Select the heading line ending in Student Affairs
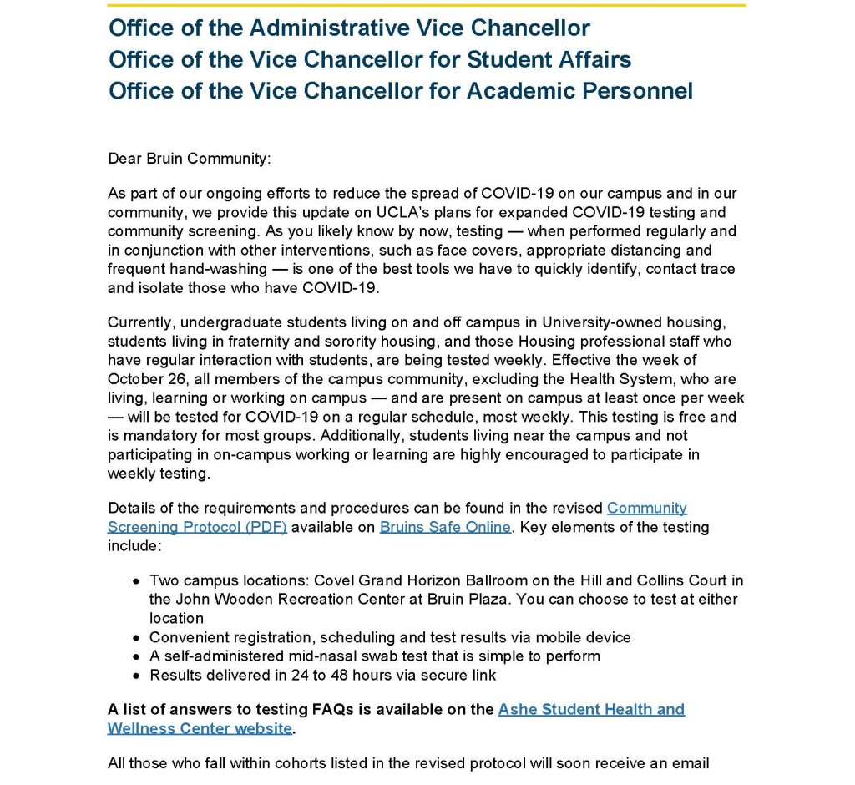[x=370, y=59]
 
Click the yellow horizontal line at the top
[x=427, y=5]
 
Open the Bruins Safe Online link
[x=445, y=527]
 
